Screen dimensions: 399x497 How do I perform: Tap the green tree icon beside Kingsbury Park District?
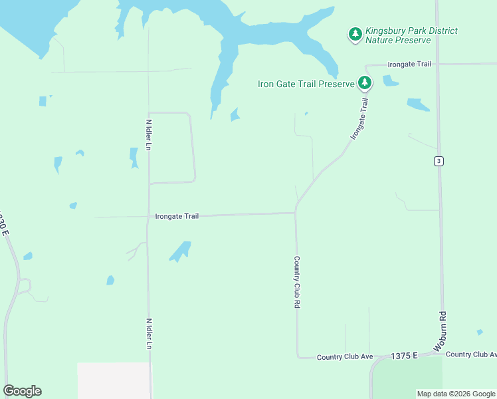coord(355,35)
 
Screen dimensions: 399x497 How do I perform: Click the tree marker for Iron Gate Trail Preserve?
coord(365,82)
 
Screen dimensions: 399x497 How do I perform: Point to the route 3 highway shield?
coord(439,161)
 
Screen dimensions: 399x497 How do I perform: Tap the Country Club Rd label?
coord(296,283)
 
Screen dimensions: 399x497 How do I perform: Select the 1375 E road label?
coord(404,356)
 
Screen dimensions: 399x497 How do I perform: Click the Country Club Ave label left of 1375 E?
coord(345,357)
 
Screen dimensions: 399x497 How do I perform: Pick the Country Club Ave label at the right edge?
coord(471,354)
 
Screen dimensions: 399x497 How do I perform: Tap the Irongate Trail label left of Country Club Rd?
coord(177,216)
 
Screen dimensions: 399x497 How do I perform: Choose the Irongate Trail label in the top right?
coord(410,65)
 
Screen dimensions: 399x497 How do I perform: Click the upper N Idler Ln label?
coord(149,134)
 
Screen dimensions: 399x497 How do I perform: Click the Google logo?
coord(22,391)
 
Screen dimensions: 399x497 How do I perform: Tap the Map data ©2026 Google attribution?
coord(455,394)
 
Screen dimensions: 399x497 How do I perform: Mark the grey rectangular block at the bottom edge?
coord(114,380)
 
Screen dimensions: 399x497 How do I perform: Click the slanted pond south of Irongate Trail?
coord(180,251)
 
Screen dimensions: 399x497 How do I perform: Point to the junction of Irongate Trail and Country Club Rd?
coord(296,213)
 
